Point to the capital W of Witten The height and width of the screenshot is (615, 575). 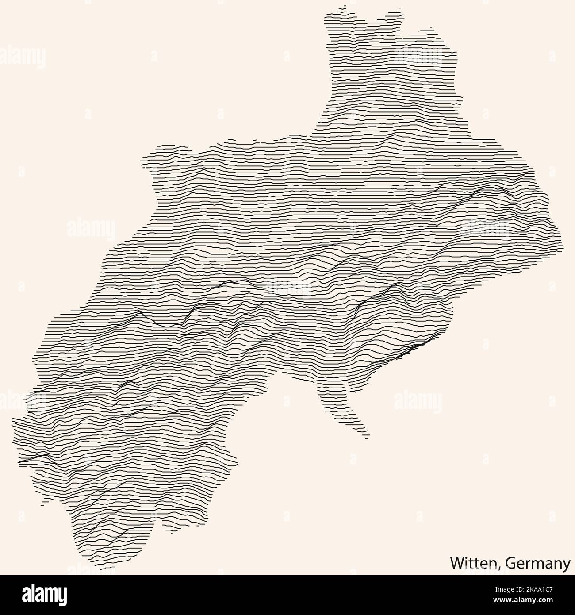tap(457, 563)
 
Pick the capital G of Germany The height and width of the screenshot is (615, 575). tap(509, 563)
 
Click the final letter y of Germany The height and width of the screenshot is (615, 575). tap(567, 565)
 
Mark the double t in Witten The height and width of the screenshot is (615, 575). tap(475, 563)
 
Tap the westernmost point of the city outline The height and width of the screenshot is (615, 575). tap(13, 420)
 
